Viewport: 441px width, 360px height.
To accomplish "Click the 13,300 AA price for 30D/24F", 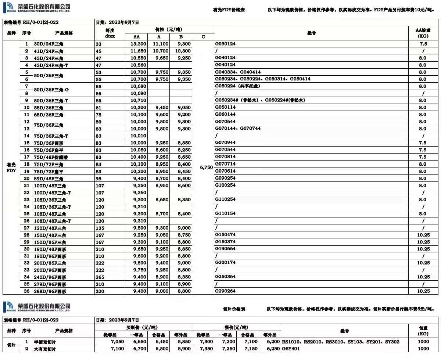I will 139,44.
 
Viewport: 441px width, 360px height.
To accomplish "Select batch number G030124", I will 225,44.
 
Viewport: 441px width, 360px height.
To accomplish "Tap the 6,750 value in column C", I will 207,167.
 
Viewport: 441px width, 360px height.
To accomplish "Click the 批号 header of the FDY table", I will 311,33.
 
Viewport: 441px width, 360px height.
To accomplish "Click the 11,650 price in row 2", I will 139,51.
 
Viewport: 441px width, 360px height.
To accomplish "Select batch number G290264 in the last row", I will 225,291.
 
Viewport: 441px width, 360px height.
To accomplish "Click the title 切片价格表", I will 234,309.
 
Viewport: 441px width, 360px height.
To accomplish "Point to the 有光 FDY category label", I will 11,167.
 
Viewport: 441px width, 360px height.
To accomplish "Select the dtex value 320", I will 100,291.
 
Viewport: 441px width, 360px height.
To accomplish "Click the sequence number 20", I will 26,178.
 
